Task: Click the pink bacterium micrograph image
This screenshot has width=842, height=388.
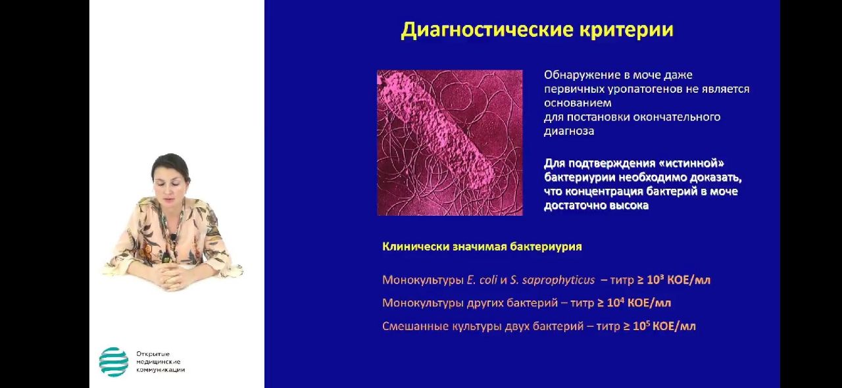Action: (449, 143)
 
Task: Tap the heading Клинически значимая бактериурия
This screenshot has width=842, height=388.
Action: (482, 247)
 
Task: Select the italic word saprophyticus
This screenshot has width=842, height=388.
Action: (557, 280)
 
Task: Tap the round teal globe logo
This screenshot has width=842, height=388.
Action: (114, 362)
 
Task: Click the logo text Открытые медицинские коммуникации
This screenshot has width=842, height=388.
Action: (161, 362)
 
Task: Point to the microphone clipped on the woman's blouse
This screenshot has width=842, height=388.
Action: (173, 238)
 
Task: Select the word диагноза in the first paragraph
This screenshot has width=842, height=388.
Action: (569, 132)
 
